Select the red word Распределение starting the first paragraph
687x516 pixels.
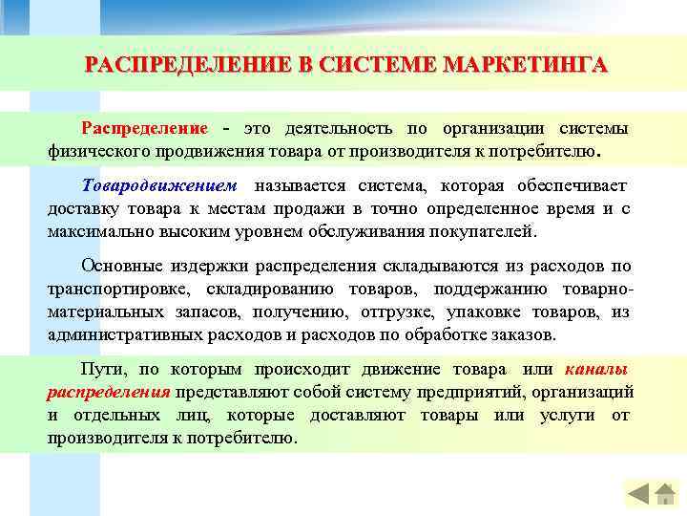144,129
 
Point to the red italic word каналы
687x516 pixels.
596,369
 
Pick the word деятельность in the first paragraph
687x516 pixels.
328,129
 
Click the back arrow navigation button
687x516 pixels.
638,494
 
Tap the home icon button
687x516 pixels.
665,494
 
